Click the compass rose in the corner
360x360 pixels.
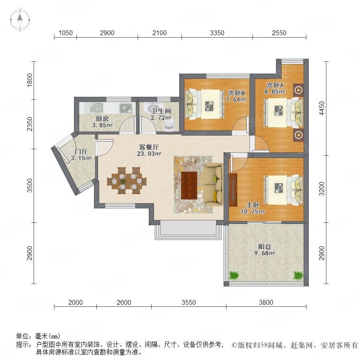tap(20, 20)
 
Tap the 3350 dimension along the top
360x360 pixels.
tap(217, 33)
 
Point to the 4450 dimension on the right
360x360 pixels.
tap(322, 108)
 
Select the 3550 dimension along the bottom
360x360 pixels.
tap(189, 302)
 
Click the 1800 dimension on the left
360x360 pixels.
tap(30, 80)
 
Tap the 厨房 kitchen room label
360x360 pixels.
tap(102, 118)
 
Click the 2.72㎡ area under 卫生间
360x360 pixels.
tap(161, 118)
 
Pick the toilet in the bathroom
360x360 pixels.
tap(169, 125)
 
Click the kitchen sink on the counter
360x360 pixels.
tap(96, 108)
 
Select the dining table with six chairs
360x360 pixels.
tap(126, 181)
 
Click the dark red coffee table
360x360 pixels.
tap(189, 185)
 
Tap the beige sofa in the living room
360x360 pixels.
tap(213, 184)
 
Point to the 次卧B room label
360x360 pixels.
tap(236, 93)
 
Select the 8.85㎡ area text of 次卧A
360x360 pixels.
tap(274, 92)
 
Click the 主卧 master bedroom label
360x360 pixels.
tap(253, 205)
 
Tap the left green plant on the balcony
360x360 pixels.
tap(234, 276)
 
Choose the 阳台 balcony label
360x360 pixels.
tap(264, 246)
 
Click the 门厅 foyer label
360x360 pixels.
tap(81, 152)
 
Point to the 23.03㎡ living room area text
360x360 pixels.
tap(149, 154)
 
